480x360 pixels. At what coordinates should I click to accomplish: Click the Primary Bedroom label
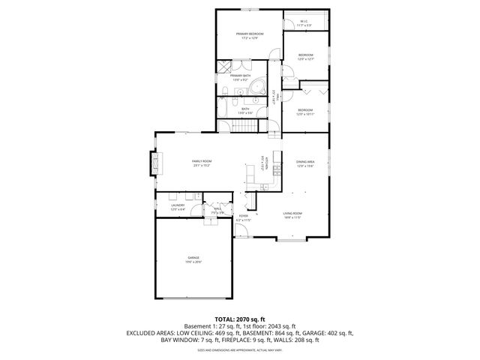point(249,35)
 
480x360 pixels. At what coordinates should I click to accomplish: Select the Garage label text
point(193,260)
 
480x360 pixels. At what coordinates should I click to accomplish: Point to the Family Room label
point(202,163)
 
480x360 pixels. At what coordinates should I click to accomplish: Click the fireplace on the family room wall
point(155,163)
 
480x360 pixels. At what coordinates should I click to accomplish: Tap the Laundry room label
point(178,206)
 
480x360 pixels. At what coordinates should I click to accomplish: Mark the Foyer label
point(243,218)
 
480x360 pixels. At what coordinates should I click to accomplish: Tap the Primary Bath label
point(240,77)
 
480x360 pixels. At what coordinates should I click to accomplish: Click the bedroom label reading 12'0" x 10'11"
point(304,112)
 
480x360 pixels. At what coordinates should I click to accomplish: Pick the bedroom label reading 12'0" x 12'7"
point(305,57)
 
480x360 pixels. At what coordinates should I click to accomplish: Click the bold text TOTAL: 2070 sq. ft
point(240,319)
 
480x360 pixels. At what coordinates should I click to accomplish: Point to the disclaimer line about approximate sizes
point(240,350)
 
